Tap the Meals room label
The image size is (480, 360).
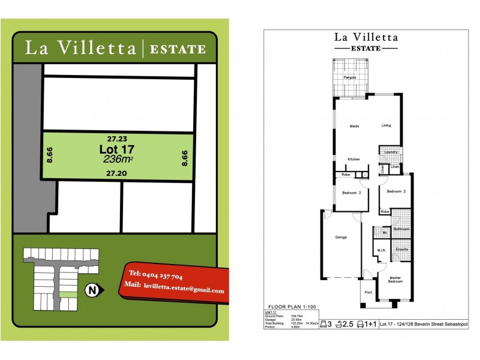pos(354,126)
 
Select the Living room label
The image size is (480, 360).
pos(386,125)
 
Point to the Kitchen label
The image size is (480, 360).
pos(354,159)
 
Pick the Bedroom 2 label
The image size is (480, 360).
pos(395,191)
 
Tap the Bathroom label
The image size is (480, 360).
pos(401,229)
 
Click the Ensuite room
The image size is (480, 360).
pos(401,248)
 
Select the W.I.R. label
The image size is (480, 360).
pos(381,251)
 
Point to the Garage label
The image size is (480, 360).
pos(341,238)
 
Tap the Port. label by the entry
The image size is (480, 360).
pos(368,293)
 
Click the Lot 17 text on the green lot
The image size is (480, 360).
pos(118,148)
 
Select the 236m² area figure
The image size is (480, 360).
pos(118,159)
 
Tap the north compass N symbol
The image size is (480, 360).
pos(92,290)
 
